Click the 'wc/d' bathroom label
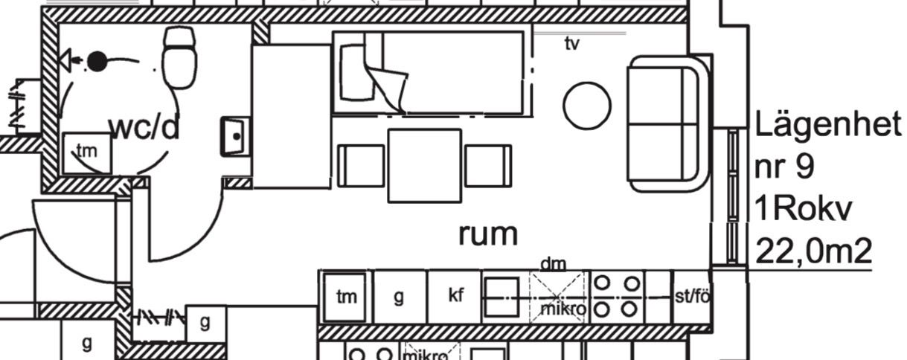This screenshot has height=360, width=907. (x=144, y=129)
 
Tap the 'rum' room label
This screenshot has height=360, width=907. (x=488, y=234)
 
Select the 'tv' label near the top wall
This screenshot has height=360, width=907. (x=572, y=44)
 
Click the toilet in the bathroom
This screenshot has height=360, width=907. (x=180, y=57)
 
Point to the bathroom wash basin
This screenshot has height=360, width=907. (x=236, y=136)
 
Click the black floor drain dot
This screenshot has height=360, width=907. (x=97, y=62)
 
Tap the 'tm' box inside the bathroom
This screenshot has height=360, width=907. (x=87, y=153)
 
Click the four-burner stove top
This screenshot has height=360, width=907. (x=617, y=297)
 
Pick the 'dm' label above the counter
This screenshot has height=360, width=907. (x=553, y=265)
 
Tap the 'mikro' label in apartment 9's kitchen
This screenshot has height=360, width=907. (x=563, y=309)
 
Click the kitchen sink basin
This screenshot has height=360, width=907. (x=502, y=298)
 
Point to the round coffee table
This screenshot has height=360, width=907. (x=587, y=106)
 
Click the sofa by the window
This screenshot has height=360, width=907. (x=668, y=123)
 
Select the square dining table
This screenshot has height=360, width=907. (x=425, y=166)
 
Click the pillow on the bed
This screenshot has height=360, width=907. (x=357, y=72)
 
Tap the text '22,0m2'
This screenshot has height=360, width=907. (x=813, y=252)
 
